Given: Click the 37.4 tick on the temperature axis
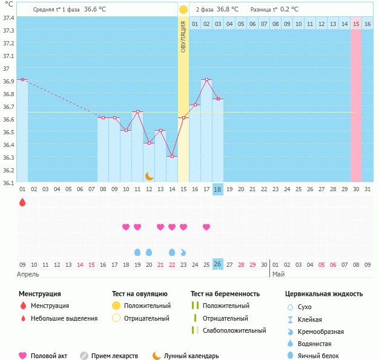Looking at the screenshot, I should point(8,18).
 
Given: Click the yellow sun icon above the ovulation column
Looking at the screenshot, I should point(183,10).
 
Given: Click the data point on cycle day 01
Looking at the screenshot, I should point(22,79).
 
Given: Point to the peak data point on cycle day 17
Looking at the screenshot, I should point(206,79).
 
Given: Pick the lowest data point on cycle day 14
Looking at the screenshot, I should point(172,156).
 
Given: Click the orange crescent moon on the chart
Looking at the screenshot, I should point(150,175).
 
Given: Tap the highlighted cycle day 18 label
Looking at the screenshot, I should point(218,189).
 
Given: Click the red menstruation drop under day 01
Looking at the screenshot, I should point(22,203).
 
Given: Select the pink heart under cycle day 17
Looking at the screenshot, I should point(206,227).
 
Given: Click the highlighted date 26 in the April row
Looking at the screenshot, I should point(218,264).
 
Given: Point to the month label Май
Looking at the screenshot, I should point(278,274).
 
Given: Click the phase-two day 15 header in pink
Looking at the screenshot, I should point(356,24).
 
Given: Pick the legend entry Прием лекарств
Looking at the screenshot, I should point(114,356).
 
